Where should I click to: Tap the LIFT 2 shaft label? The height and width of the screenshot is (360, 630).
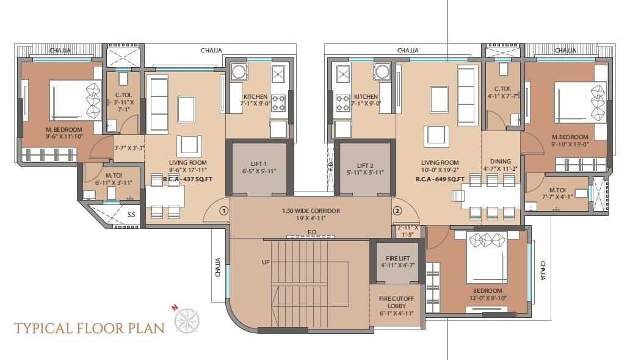coord(364,165)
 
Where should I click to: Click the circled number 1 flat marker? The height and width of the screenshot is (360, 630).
coord(223,211)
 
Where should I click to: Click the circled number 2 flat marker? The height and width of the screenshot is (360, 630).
coord(397,211)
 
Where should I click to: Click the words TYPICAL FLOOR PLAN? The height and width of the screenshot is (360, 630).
coord(89,328)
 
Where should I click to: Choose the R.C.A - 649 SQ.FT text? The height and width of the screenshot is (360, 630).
coord(440,179)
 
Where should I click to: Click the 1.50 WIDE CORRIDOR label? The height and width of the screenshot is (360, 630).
coord(311,211)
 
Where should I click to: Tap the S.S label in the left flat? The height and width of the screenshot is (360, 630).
coord(131,214)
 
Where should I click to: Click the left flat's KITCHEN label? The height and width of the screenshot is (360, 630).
coord(255,97)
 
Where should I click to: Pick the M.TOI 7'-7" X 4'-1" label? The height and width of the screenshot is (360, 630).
coord(557,193)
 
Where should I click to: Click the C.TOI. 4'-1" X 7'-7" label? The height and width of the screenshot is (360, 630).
coord(502,92)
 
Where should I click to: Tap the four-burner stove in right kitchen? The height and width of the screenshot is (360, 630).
coord(342,102)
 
